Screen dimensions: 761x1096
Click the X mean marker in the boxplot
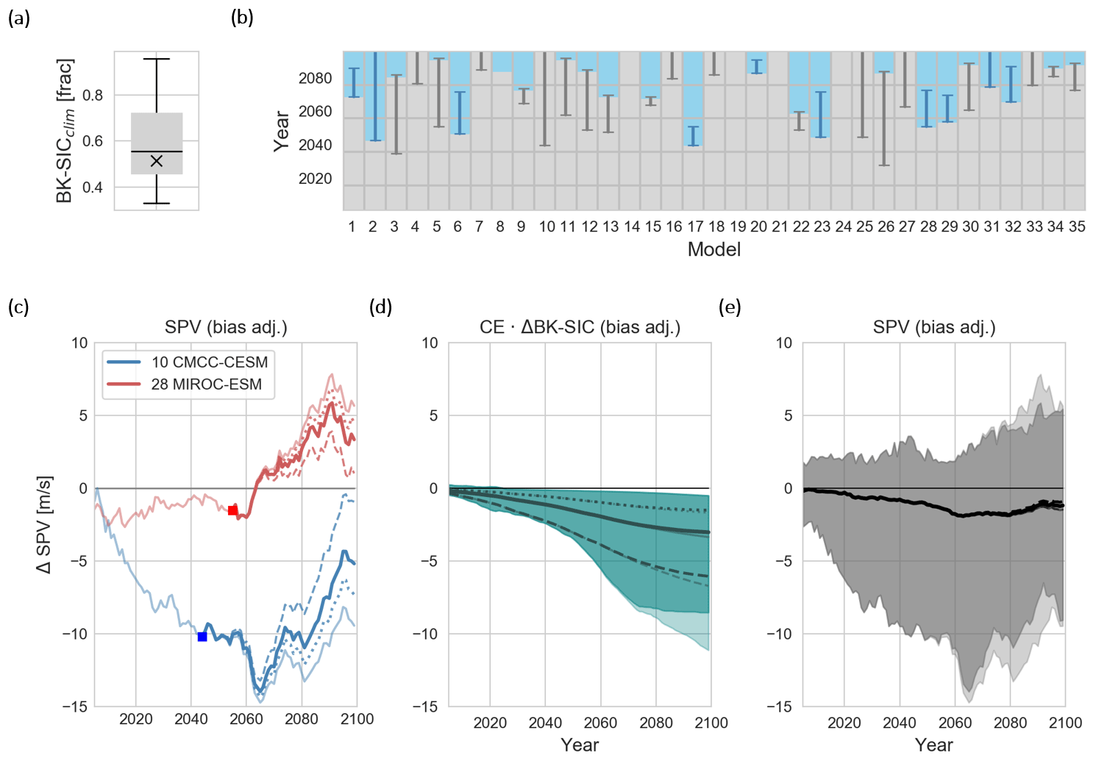click(x=156, y=161)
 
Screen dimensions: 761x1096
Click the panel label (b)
click(x=242, y=18)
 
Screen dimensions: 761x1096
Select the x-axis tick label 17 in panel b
click(x=695, y=226)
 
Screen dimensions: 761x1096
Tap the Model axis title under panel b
click(x=714, y=250)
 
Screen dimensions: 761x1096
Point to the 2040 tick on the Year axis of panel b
click(x=315, y=145)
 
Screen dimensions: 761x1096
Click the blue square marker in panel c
click(x=202, y=637)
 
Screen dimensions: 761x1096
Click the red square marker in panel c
click(x=232, y=510)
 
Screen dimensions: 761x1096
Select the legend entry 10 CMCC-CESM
click(x=209, y=362)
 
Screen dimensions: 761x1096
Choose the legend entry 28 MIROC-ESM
click(x=206, y=384)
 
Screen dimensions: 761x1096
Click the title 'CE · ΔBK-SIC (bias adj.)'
click(x=580, y=327)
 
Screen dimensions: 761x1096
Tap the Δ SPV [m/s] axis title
click(x=44, y=524)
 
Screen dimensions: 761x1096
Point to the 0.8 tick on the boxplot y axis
click(x=93, y=95)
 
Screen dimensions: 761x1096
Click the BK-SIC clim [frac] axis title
click(x=65, y=131)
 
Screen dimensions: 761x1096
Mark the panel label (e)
click(x=730, y=307)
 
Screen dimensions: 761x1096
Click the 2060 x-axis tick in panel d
click(x=600, y=723)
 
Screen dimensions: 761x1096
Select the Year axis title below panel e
click(x=933, y=745)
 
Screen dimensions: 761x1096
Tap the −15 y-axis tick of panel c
click(x=74, y=707)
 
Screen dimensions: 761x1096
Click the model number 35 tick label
click(x=1077, y=226)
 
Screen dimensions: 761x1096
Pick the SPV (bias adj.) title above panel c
click(x=226, y=327)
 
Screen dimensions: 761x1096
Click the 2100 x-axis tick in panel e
click(x=1065, y=723)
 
